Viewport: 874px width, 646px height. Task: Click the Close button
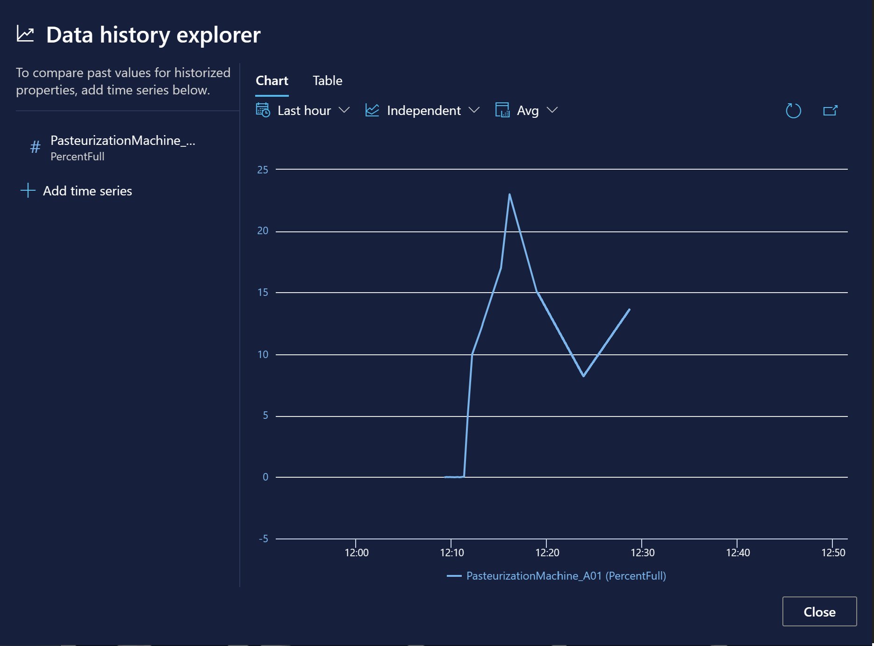819,611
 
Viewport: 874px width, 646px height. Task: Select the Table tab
327,81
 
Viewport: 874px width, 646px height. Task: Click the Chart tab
272,81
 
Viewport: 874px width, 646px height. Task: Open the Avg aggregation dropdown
527,111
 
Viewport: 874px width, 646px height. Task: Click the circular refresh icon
793,111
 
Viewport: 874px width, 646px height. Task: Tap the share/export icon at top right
830,111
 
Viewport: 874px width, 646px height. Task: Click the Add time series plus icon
28,191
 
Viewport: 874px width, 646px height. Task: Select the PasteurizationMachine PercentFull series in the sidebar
122,148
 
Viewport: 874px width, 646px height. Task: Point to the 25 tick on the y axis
263,170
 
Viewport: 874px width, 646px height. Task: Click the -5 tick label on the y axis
264,538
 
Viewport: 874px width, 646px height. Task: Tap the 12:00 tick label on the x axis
356,553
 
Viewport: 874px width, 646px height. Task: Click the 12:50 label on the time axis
833,553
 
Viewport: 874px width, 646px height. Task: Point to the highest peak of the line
509,194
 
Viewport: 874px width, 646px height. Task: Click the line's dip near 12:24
583,375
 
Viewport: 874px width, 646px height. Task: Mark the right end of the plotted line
629,309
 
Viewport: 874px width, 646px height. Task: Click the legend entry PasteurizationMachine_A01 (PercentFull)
566,576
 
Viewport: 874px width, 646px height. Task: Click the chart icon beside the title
25,35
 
